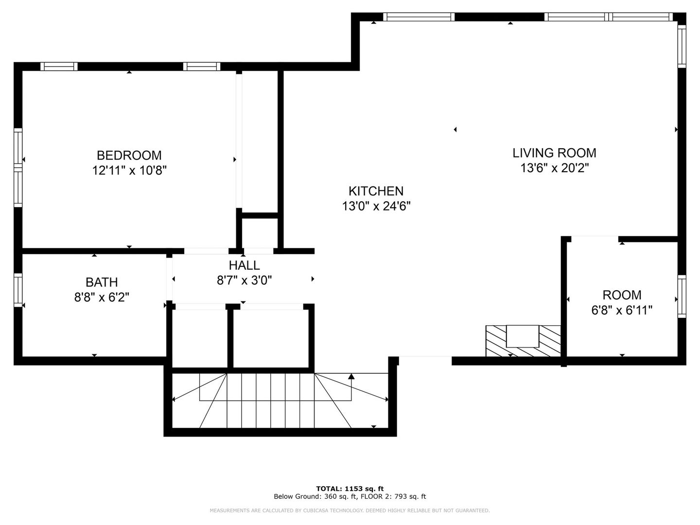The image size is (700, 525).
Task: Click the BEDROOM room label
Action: pyautogui.click(x=129, y=155)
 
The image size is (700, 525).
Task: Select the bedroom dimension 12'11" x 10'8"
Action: pyautogui.click(x=129, y=171)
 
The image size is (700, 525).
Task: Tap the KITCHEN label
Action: pyautogui.click(x=376, y=191)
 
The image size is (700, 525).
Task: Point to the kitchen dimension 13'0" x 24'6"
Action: pyautogui.click(x=376, y=207)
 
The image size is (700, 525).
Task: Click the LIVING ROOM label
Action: pyautogui.click(x=554, y=153)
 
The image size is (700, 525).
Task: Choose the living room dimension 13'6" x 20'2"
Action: pyautogui.click(x=554, y=168)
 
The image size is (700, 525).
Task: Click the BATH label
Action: pyautogui.click(x=102, y=282)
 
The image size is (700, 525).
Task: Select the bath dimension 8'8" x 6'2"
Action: pyautogui.click(x=102, y=297)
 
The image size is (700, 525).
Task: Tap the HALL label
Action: pyautogui.click(x=244, y=265)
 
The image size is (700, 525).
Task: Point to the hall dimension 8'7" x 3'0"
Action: pyautogui.click(x=244, y=280)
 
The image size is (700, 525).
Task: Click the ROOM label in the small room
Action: pyautogui.click(x=622, y=295)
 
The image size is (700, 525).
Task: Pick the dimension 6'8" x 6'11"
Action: pyautogui.click(x=622, y=310)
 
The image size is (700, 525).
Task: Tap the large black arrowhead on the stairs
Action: pyautogui.click(x=351, y=376)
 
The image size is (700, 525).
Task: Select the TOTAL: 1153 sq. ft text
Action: pyautogui.click(x=350, y=489)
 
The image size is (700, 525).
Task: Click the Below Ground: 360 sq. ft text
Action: pyautogui.click(x=315, y=497)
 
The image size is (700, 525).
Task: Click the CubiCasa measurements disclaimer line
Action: pyautogui.click(x=350, y=510)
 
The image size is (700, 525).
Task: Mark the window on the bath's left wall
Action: pyautogui.click(x=18, y=290)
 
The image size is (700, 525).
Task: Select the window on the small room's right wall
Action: pyautogui.click(x=682, y=297)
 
